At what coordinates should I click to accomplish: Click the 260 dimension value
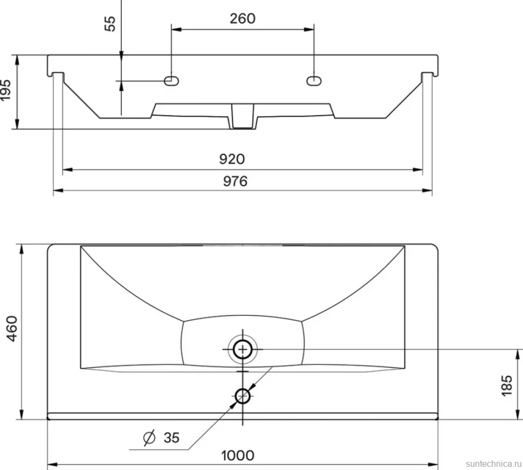pos(243,18)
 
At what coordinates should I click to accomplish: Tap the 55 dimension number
pos(110,24)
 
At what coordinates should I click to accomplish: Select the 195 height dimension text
pos(5,90)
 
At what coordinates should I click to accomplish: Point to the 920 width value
pos(232,159)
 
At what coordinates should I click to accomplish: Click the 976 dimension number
pos(235,181)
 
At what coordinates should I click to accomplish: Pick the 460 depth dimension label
pos(12,328)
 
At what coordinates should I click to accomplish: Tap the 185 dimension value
pos(507,385)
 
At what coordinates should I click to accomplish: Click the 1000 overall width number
pos(238,455)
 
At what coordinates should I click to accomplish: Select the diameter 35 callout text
pos(161,437)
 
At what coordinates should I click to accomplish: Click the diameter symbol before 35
pos(149,437)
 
